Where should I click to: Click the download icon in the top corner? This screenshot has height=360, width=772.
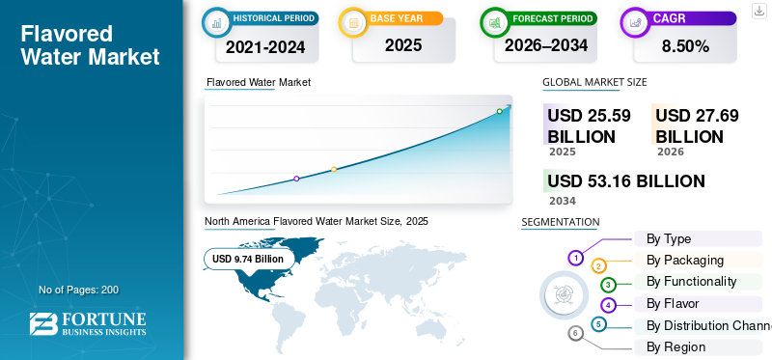click(759, 11)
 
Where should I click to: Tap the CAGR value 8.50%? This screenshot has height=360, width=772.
click(685, 46)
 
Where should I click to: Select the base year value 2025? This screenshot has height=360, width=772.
click(403, 45)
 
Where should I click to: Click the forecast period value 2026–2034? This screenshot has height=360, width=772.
click(546, 45)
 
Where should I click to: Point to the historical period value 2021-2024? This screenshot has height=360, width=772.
click(266, 46)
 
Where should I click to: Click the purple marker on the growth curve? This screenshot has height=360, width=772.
click(296, 179)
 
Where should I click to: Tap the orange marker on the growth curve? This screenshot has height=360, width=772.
click(334, 170)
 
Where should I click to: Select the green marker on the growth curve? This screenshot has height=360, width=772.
click(499, 111)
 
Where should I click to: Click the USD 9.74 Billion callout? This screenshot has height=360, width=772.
click(248, 259)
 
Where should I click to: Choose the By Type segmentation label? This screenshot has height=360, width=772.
click(669, 238)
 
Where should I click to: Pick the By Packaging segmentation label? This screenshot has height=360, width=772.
click(685, 260)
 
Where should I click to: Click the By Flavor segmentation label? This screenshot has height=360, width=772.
click(673, 303)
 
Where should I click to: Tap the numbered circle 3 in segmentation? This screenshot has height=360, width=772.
click(608, 284)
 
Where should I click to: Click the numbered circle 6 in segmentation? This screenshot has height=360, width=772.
click(575, 334)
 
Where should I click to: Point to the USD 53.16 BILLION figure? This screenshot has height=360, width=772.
click(626, 181)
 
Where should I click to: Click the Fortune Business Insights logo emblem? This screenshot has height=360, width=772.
click(43, 324)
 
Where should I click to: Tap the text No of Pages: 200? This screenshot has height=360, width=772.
click(79, 290)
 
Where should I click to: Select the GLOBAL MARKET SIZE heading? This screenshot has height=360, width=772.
click(594, 82)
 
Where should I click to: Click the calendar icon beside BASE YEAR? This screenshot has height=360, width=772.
click(353, 22)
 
